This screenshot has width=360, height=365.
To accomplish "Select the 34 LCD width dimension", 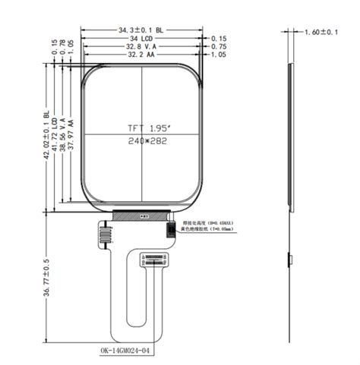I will coord(141,38).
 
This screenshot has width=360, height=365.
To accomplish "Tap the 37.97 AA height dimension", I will coord(71,135).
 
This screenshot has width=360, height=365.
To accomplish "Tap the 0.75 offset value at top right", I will coord(219,46).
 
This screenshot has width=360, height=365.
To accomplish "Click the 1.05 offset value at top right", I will coord(219,55).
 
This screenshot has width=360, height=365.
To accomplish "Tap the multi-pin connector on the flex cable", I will coord(155,260).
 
